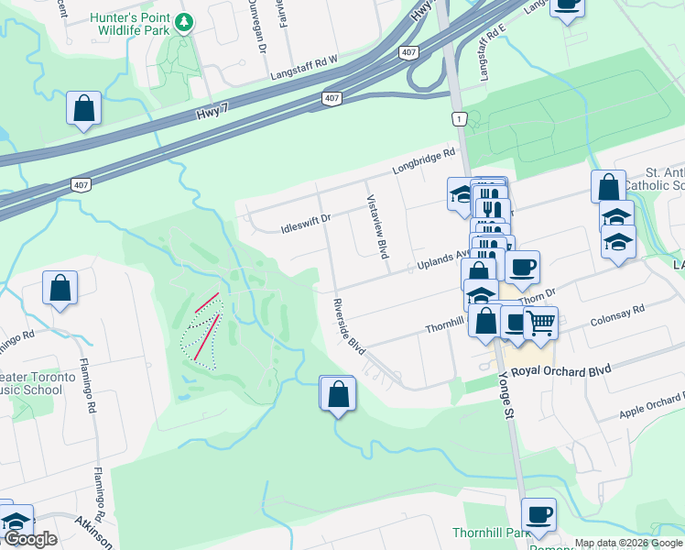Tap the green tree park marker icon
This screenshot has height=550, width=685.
[x=184, y=22]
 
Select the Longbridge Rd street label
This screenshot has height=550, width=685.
[x=424, y=161]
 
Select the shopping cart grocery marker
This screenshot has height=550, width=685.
[x=540, y=322]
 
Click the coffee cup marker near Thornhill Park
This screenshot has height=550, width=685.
[x=538, y=514]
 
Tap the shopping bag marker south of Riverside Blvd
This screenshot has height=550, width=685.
[x=337, y=393]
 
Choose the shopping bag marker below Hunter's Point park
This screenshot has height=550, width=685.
[x=83, y=107]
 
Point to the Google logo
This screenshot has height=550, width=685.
[x=30, y=539]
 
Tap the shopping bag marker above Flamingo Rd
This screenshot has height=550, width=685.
[x=60, y=288]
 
